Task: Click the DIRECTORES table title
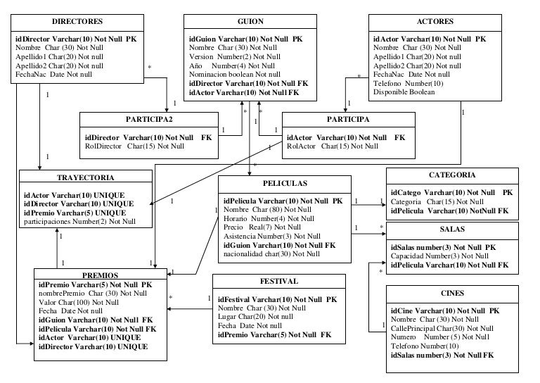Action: pyautogui.click(x=77, y=22)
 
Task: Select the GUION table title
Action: pyautogui.click(x=251, y=22)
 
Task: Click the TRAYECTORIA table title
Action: pyautogui.click(x=85, y=178)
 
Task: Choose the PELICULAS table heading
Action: pyautogui.click(x=285, y=183)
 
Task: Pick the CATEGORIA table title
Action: pyautogui.click(x=452, y=175)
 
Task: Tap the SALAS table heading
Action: pyautogui.click(x=452, y=229)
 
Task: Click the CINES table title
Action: pyautogui.click(x=451, y=293)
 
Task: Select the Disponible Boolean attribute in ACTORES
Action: pyautogui.click(x=404, y=92)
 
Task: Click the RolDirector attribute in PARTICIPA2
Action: pyautogui.click(x=134, y=146)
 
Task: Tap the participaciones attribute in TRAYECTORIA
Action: pyautogui.click(x=79, y=222)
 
